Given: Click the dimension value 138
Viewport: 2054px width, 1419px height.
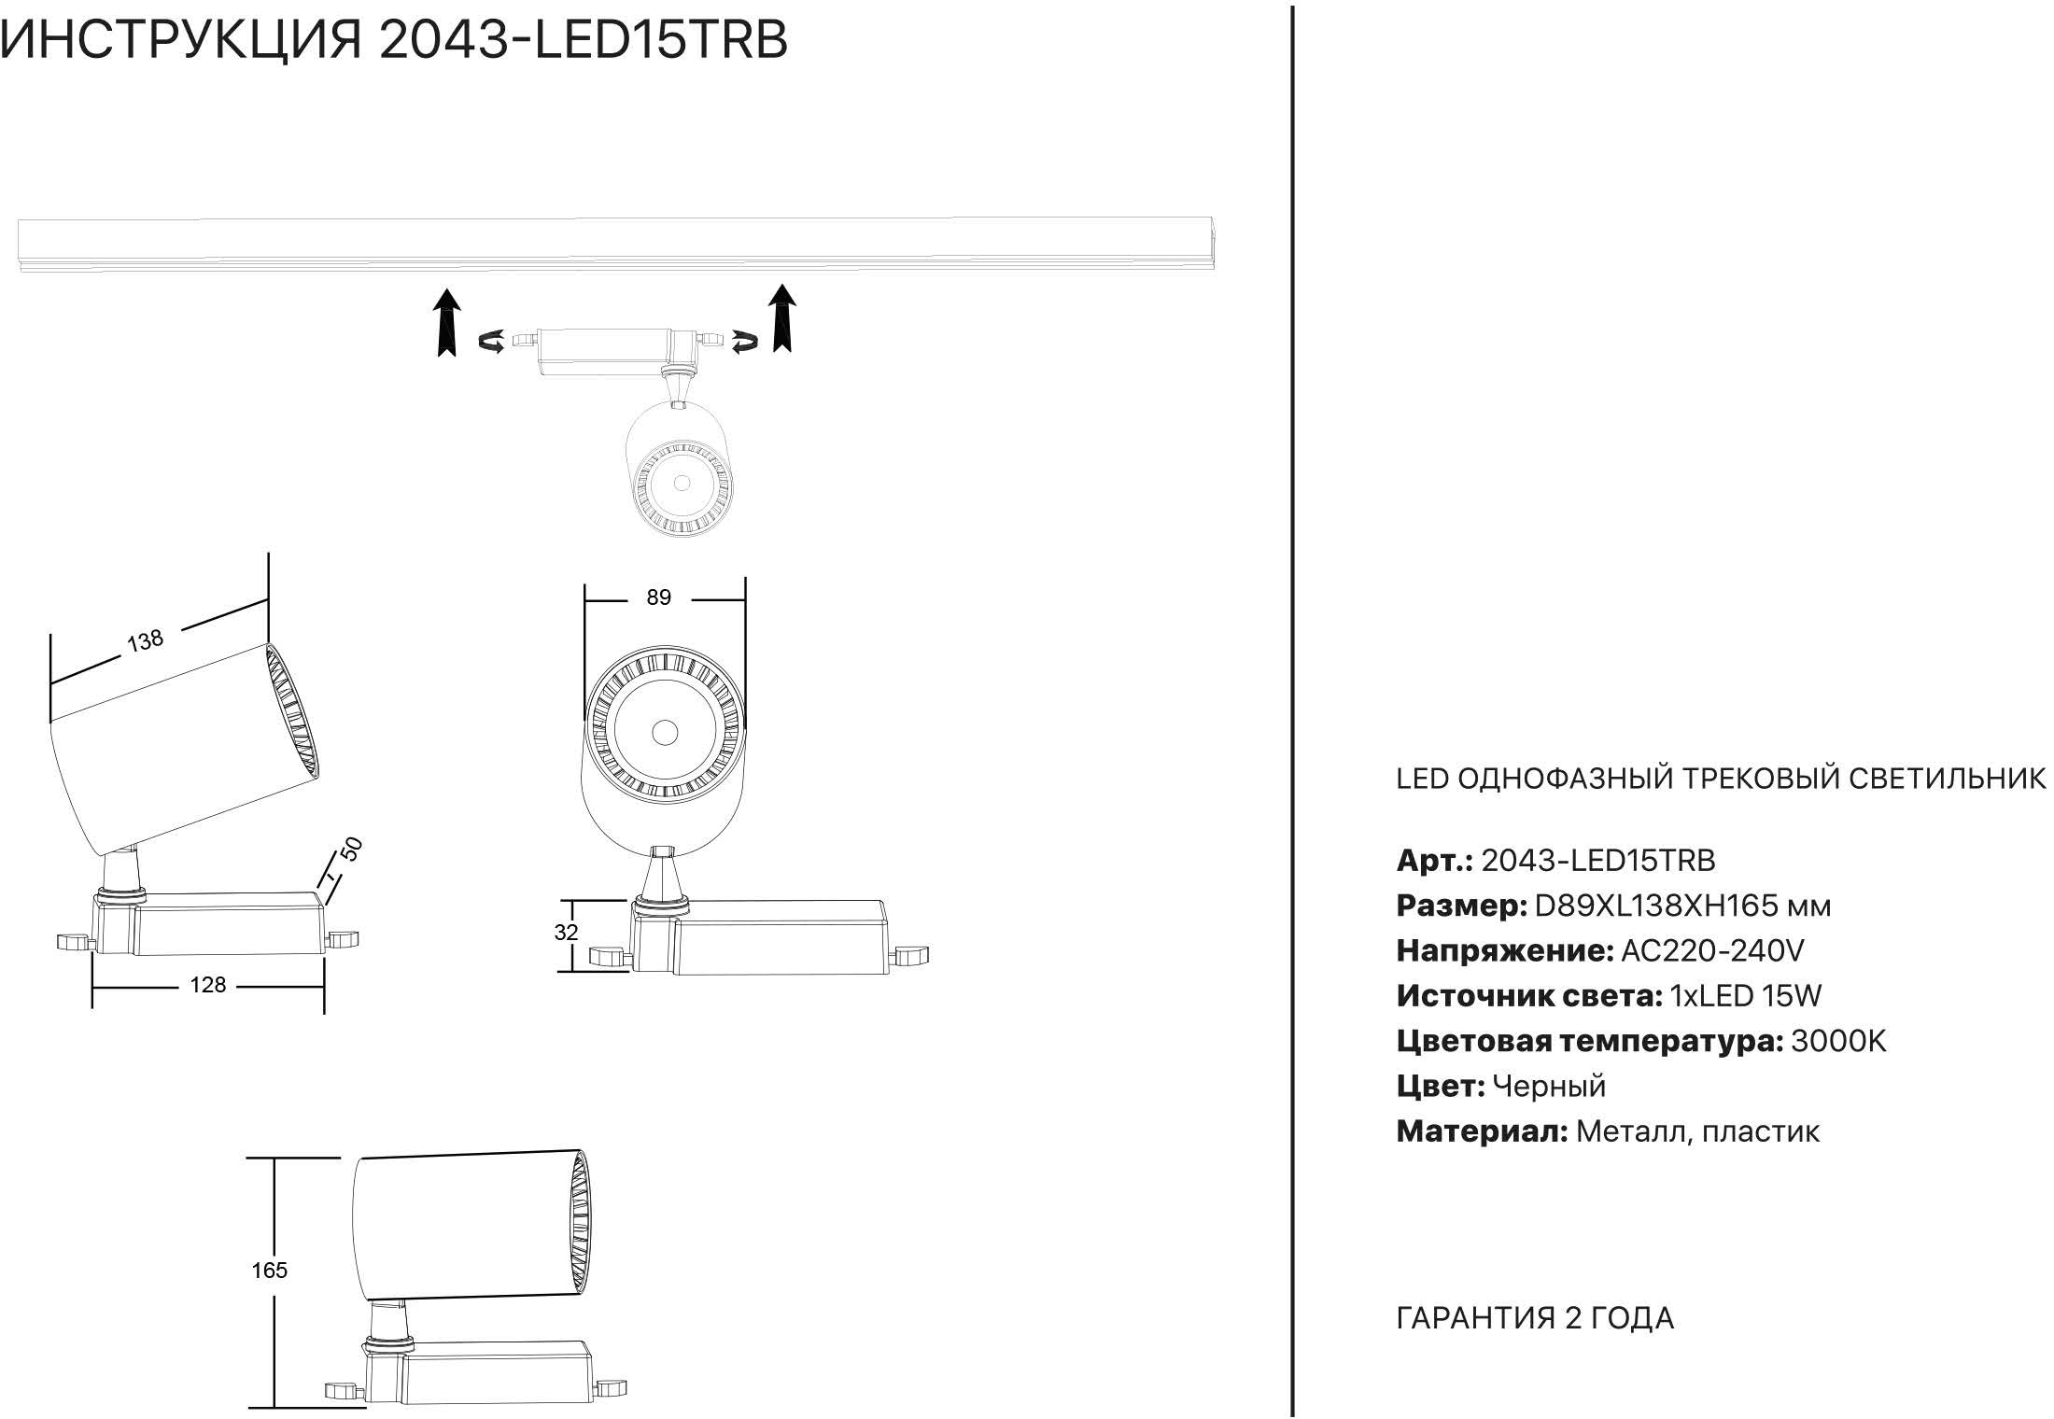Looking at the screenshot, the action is pyautogui.click(x=145, y=640).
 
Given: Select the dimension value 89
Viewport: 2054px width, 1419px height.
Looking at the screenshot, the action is pyautogui.click(x=659, y=597).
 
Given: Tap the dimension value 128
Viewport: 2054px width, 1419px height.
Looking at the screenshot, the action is pyautogui.click(x=207, y=985).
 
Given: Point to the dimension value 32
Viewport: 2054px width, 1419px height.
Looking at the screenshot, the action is pyautogui.click(x=566, y=932).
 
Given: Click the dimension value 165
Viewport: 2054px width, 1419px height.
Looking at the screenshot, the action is pyautogui.click(x=269, y=1271).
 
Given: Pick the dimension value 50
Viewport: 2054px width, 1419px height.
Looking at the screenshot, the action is pyautogui.click(x=351, y=850).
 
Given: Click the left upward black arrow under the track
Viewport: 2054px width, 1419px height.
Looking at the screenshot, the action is pyautogui.click(x=449, y=322).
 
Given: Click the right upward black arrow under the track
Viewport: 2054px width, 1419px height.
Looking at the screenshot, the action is pyautogui.click(x=782, y=318).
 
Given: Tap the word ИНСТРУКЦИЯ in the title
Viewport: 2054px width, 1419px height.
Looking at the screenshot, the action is pyautogui.click(x=181, y=39).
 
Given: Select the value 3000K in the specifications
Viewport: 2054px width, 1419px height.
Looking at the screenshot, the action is pyautogui.click(x=1838, y=1041).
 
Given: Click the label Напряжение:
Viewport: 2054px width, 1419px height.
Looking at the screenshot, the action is pyautogui.click(x=1505, y=951).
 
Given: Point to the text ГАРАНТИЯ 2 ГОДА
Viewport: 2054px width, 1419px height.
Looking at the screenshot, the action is pyautogui.click(x=1535, y=1318).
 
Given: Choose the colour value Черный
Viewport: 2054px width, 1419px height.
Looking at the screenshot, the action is pyautogui.click(x=1549, y=1086).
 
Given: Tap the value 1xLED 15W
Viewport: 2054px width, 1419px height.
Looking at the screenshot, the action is pyautogui.click(x=1745, y=996).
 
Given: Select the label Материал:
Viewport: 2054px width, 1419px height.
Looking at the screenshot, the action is pyautogui.click(x=1482, y=1131).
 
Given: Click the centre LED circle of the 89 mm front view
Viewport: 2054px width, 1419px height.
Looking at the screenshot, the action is pyautogui.click(x=665, y=732).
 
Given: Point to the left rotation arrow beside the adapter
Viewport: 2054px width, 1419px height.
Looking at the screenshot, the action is pyautogui.click(x=492, y=342).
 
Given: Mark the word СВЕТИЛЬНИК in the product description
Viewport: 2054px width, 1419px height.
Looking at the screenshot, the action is pyautogui.click(x=1948, y=779).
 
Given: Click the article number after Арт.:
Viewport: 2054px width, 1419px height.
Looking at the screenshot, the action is pyautogui.click(x=1598, y=860).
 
